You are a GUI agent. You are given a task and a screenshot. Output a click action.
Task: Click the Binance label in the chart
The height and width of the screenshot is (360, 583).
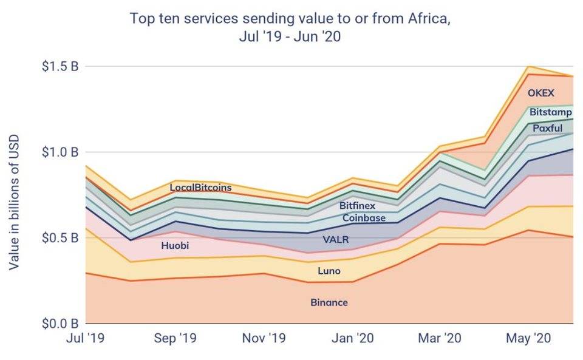tap(329, 302)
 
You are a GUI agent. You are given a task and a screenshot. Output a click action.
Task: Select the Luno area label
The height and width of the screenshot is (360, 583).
tap(329, 271)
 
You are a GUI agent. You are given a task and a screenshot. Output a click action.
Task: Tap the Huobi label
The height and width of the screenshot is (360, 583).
tap(176, 246)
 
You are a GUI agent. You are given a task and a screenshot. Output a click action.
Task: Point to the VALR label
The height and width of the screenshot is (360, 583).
tap(336, 240)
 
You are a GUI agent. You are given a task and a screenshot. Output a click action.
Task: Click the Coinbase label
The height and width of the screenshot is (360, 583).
tap(364, 217)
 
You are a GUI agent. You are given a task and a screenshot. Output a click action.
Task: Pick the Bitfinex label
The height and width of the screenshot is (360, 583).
tap(357, 206)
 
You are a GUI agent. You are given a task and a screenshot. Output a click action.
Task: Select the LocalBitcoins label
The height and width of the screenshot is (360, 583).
tap(200, 187)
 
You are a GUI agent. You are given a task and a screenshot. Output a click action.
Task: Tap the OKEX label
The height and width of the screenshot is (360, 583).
tap(540, 93)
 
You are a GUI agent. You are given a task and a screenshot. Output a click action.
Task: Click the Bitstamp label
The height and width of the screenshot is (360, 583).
tap(550, 112)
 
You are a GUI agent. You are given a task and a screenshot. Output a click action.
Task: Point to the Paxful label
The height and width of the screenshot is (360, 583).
tap(547, 127)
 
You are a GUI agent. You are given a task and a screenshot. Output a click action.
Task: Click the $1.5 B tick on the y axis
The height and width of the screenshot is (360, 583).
tap(60, 67)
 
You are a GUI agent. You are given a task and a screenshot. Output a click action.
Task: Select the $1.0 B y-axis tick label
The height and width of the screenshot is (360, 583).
tap(60, 152)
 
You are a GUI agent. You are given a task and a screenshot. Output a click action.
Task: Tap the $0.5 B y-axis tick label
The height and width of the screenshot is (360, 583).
tap(60, 237)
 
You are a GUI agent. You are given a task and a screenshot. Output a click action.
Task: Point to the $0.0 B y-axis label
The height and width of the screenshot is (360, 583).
tap(60, 323)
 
